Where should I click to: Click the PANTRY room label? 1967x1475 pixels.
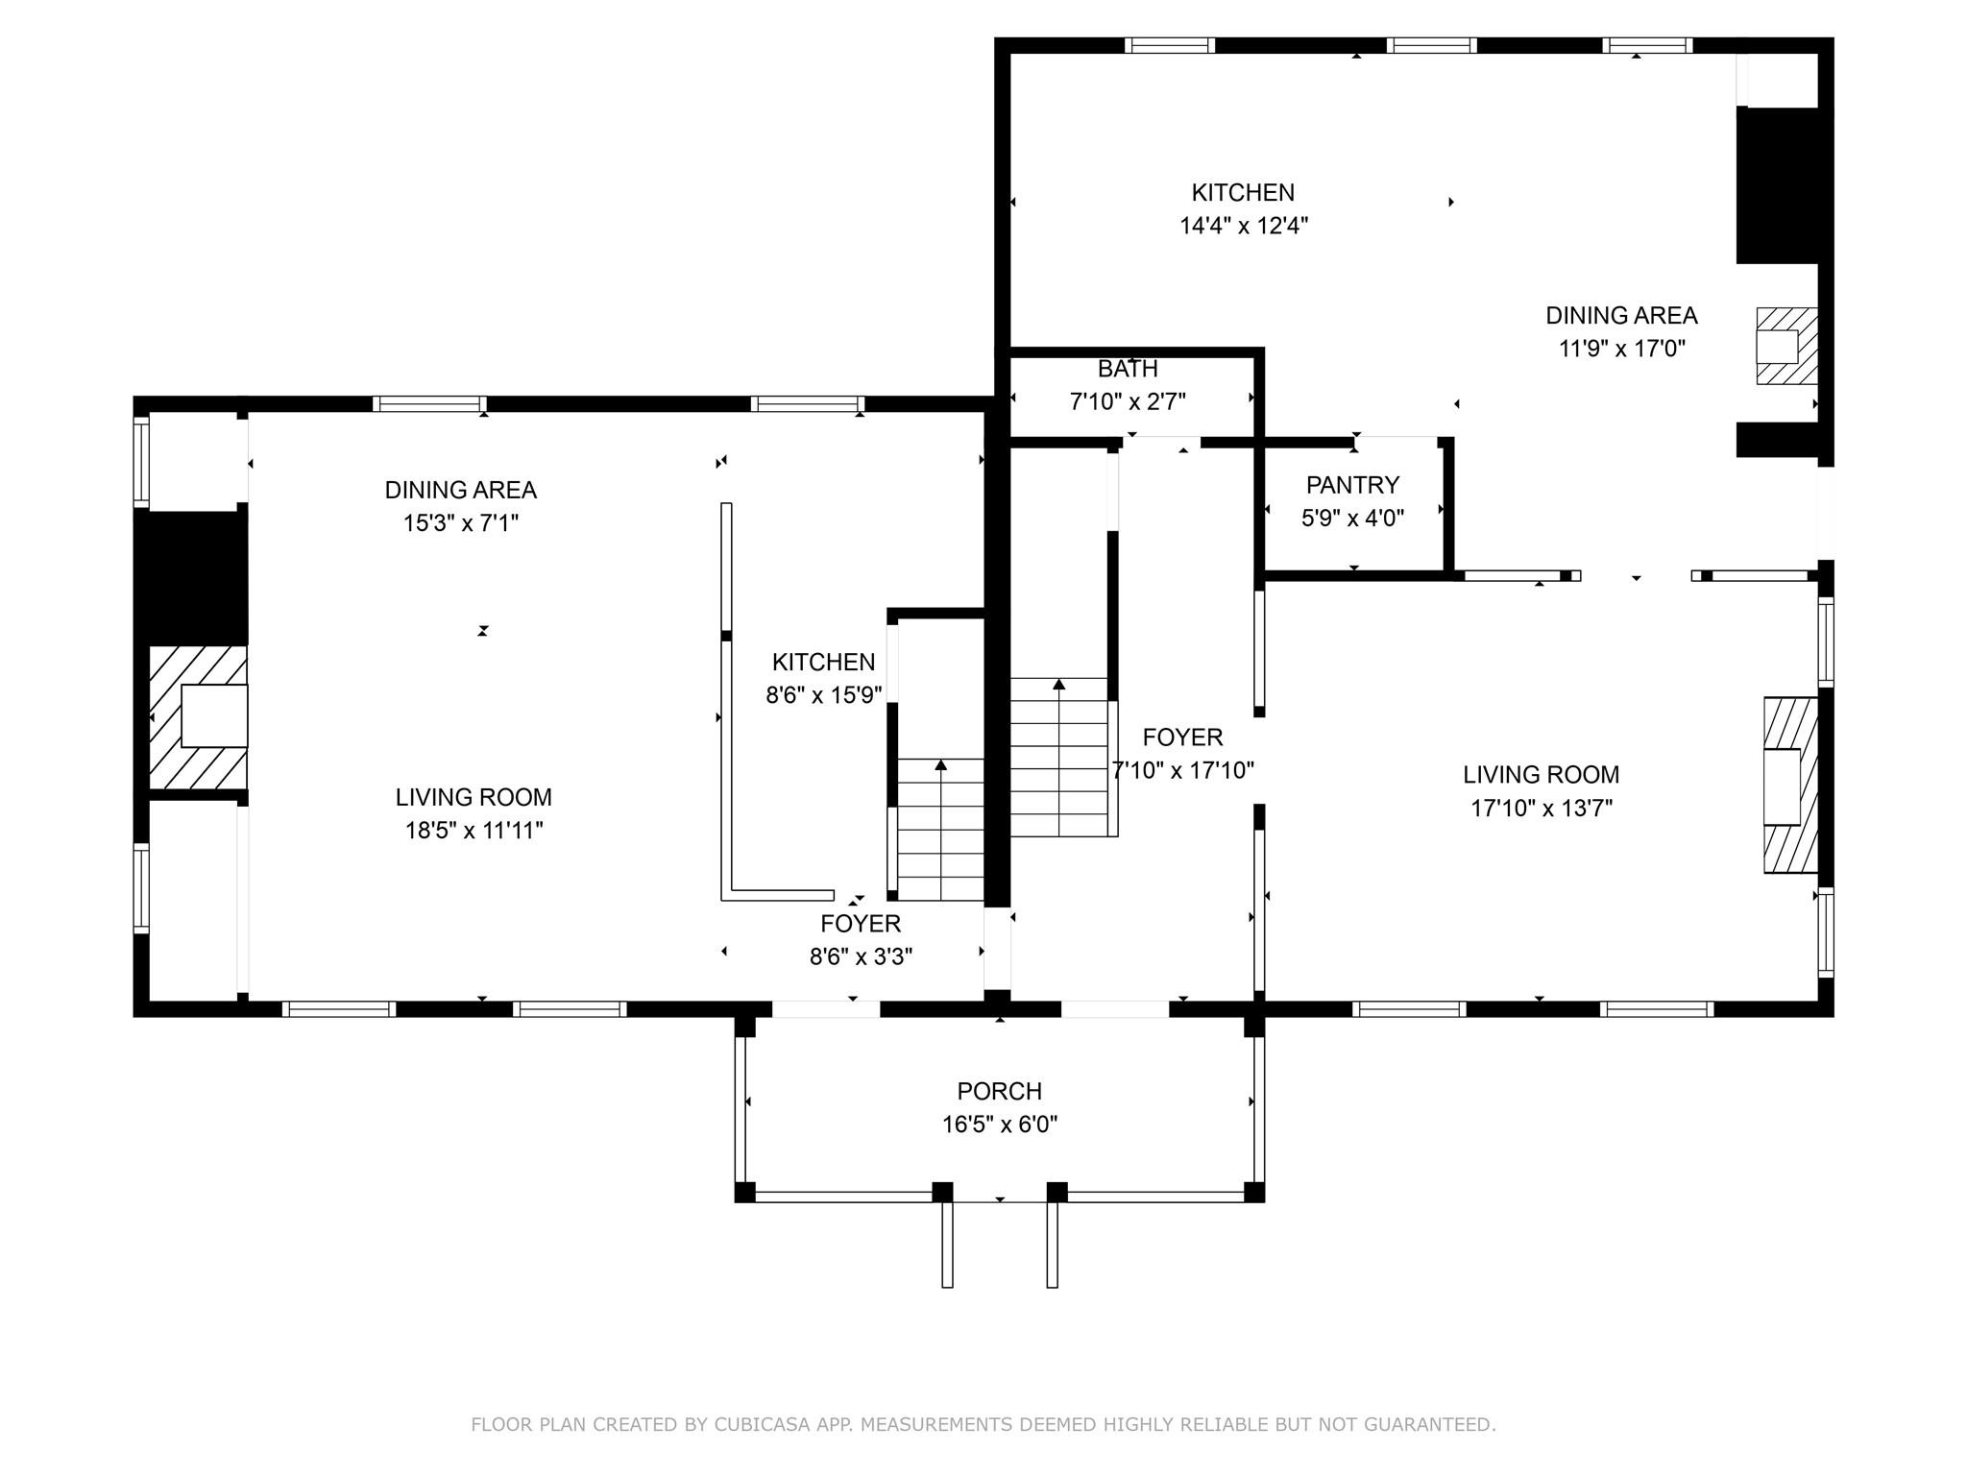(1352, 485)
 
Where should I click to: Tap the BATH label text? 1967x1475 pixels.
(1128, 369)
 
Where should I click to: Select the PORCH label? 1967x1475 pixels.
(999, 1091)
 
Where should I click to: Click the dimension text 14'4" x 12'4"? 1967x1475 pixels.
(1244, 227)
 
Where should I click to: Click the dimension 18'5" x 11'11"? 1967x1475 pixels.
(474, 831)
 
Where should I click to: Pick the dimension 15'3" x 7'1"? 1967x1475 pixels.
(460, 523)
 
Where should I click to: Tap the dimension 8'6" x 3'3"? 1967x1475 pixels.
(861, 957)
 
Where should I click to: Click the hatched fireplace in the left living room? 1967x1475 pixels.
(199, 716)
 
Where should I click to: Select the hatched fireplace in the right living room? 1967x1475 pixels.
(1790, 786)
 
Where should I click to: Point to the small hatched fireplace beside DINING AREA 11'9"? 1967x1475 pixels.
(1786, 346)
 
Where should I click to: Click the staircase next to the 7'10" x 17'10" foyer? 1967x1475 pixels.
(1060, 759)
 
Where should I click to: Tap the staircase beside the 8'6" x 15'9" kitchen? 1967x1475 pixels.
(940, 831)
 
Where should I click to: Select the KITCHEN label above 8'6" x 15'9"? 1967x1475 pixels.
(823, 663)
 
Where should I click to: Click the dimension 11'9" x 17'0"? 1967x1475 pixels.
(1621, 349)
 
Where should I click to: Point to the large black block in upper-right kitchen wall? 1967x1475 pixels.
(1777, 185)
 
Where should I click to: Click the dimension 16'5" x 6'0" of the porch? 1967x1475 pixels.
(999, 1124)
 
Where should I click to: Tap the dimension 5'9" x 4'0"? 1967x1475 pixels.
(1352, 519)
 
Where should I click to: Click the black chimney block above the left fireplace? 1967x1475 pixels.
(191, 576)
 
